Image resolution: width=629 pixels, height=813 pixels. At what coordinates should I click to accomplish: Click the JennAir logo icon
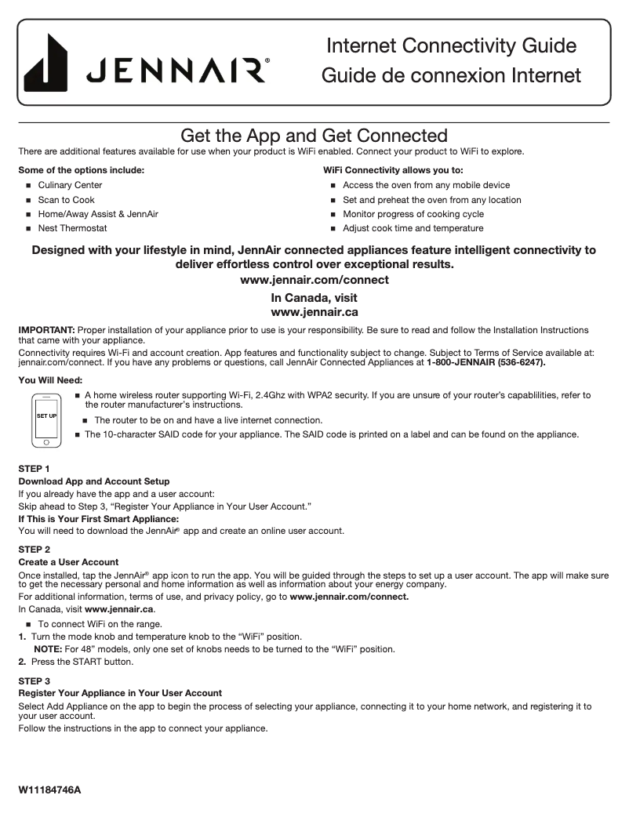point(45,63)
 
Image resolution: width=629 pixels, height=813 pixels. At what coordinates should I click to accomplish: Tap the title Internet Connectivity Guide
point(451,45)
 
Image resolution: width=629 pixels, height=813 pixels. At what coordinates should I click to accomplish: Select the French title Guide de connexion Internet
point(451,76)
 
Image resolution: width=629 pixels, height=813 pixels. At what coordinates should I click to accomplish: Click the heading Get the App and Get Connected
point(314,136)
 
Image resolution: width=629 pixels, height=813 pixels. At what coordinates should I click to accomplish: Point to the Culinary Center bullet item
point(70,185)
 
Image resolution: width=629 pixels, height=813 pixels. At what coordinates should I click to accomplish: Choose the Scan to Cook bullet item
point(66,200)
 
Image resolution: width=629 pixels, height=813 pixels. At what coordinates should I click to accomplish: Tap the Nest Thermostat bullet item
point(72,228)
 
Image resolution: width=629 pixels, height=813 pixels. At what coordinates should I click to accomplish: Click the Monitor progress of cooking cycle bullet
point(413,214)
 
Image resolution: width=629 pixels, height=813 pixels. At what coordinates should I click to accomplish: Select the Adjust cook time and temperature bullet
point(413,228)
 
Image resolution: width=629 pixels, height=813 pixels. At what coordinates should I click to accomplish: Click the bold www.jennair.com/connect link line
point(314,280)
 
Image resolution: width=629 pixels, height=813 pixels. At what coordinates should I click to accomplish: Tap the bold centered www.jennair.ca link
point(314,312)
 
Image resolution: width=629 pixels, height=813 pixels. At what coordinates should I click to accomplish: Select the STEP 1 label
point(34,468)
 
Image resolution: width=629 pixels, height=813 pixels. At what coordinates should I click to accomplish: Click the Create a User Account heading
point(68,562)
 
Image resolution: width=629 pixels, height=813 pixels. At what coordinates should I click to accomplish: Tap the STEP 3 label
point(34,681)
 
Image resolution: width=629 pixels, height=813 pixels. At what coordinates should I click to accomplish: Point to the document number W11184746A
point(49,789)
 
